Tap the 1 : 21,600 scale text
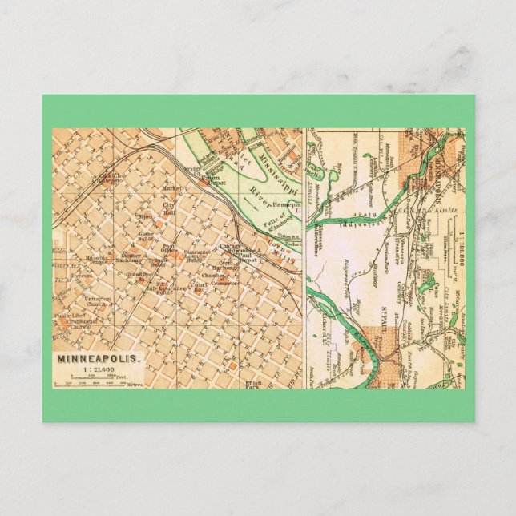pyautogui.click(x=97, y=371)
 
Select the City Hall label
pyautogui.click(x=169, y=207)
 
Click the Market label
pyautogui.click(x=171, y=188)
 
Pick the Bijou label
pyautogui.click(x=145, y=216)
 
